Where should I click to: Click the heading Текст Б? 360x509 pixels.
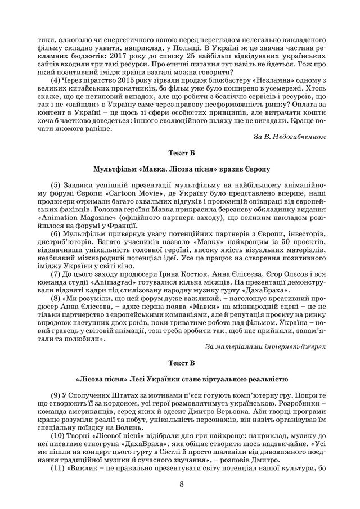(x=179, y=152)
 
